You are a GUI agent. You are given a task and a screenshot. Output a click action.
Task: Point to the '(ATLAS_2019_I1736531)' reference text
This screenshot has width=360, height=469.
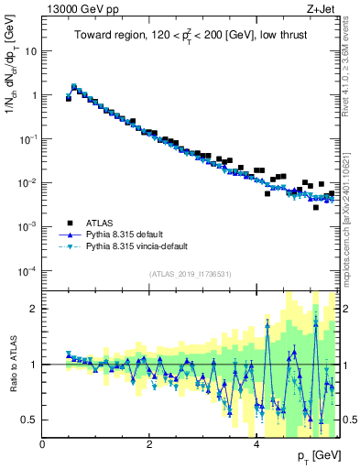point(190,274)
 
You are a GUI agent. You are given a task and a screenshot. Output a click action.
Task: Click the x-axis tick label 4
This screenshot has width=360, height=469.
point(256,443)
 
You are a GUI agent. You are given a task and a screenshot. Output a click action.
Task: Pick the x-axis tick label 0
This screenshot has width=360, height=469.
point(42,443)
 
